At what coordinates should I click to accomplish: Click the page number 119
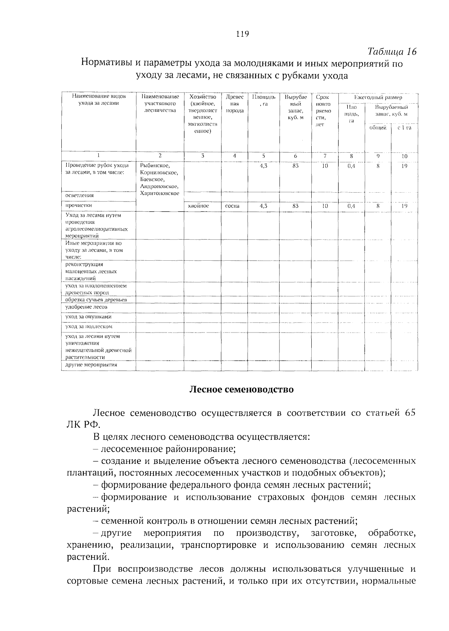pyautogui.click(x=242, y=34)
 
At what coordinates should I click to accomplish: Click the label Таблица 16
pyautogui.click(x=392, y=52)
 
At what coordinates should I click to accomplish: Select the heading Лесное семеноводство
pyautogui.click(x=241, y=389)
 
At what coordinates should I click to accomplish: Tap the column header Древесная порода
pyautogui.click(x=235, y=104)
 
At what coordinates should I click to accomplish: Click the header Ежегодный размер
pyautogui.click(x=378, y=97)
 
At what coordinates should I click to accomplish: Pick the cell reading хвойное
pyautogui.click(x=198, y=206)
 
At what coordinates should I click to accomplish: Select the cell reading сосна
pyautogui.click(x=232, y=206)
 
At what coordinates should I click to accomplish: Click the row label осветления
pyautogui.click(x=80, y=195)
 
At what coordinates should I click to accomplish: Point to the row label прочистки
pyautogui.click(x=79, y=205)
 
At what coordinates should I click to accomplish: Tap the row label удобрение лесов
pyautogui.click(x=86, y=307)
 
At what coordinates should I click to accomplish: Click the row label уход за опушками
pyautogui.click(x=88, y=317)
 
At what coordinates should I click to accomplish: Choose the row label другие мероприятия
pyautogui.click(x=91, y=365)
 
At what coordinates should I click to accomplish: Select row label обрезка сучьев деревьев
pyautogui.click(x=96, y=300)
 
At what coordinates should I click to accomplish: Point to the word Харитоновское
pyautogui.click(x=160, y=193)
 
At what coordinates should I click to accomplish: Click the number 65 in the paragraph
pyautogui.click(x=410, y=413)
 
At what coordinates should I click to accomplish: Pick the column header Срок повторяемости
pyautogui.click(x=324, y=110)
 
